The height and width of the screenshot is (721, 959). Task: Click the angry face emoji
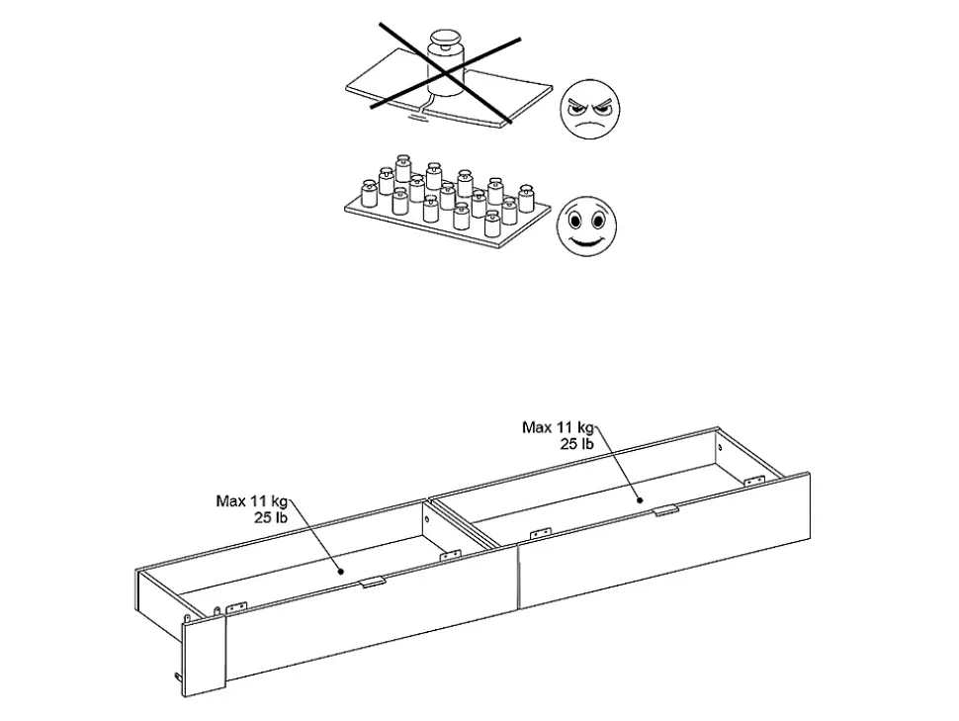(x=590, y=109)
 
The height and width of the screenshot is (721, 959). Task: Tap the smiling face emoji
(x=586, y=225)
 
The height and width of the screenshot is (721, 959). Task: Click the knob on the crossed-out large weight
(x=446, y=38)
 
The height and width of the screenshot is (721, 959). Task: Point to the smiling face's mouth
(x=586, y=240)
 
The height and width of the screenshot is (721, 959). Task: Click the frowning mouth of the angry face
(x=589, y=126)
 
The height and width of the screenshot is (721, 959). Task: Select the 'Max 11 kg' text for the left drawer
(x=252, y=501)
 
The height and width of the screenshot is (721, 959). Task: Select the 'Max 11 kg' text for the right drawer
(x=558, y=427)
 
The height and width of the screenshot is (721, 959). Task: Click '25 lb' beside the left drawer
(x=271, y=518)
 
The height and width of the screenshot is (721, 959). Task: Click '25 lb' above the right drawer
(x=576, y=444)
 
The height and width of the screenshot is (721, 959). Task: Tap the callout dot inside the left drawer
(x=341, y=572)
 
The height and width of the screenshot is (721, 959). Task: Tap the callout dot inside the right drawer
(x=641, y=499)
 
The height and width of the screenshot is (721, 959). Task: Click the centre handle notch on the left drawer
(x=373, y=583)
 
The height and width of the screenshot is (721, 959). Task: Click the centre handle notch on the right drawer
(x=666, y=509)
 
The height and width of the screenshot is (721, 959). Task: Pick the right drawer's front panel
(x=664, y=541)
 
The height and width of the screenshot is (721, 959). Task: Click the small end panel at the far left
(x=205, y=655)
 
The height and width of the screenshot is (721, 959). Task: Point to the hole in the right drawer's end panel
(x=720, y=447)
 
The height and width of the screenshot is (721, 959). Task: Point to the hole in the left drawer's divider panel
(x=428, y=519)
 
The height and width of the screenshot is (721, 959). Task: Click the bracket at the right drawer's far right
(x=754, y=481)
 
